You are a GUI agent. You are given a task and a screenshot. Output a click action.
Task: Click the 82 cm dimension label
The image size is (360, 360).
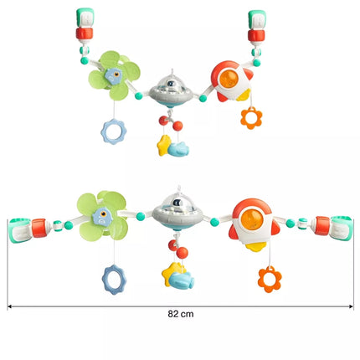181,314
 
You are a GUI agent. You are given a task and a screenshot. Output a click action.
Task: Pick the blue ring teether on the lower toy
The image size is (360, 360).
106,280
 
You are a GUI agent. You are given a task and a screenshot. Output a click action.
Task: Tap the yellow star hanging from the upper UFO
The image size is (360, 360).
163,145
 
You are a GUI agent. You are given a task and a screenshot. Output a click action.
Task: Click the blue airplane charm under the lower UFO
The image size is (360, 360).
182,280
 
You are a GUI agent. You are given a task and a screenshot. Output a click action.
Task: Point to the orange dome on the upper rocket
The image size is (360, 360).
229,79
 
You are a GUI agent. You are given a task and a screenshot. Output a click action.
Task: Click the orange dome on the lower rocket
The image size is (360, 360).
252,219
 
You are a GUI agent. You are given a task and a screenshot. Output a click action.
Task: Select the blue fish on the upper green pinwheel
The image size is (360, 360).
113,76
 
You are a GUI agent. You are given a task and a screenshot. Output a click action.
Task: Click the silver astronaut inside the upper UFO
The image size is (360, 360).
171,84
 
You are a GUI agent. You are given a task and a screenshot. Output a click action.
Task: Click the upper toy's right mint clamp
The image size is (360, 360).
257,20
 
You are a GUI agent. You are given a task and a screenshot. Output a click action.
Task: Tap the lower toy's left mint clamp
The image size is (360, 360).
19,230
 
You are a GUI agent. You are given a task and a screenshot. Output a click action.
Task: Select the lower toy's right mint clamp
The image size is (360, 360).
342,228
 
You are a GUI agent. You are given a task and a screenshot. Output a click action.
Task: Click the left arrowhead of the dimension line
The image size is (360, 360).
9,306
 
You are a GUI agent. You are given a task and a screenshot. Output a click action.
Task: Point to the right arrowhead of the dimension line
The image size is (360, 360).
352,306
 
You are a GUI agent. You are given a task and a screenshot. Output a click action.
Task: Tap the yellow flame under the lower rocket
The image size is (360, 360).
256,247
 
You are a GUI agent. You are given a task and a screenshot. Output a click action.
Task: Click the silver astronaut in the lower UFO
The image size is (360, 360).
177,203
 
